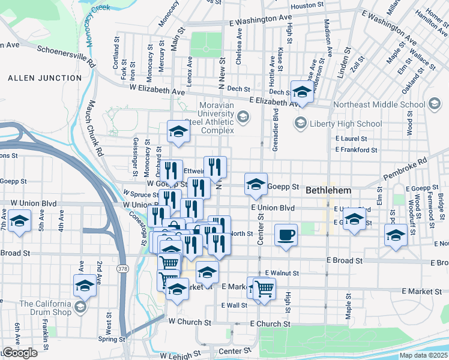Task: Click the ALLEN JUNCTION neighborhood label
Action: [44, 78]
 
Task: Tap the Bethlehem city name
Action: [331, 190]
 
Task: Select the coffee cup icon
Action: [286, 234]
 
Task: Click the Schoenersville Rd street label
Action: [67, 56]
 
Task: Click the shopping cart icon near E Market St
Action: [264, 289]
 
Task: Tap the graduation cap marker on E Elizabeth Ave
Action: [302, 92]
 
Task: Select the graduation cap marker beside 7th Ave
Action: [20, 222]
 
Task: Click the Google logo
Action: [19, 352]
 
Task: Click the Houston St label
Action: [307, 6]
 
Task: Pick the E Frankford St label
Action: [356, 150]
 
